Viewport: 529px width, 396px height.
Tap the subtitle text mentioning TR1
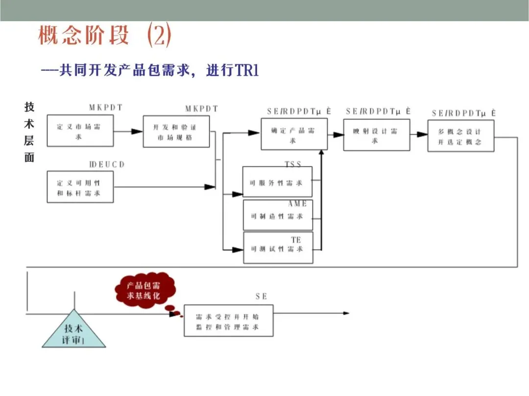(x=149, y=71)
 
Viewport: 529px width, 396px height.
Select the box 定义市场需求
(x=80, y=131)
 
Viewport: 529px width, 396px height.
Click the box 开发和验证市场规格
(x=176, y=131)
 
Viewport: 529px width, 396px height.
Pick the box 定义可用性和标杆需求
(x=80, y=187)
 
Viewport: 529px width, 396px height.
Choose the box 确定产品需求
(x=293, y=134)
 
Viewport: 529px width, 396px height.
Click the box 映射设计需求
(x=376, y=135)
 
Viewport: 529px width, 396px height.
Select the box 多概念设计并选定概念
(x=460, y=136)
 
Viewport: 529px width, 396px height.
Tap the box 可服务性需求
(x=277, y=183)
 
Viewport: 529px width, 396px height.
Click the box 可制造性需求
(x=277, y=216)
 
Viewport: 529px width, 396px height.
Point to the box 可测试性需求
(x=277, y=248)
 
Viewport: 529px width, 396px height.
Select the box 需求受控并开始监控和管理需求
(x=228, y=321)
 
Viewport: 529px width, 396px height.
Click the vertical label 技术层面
(x=29, y=132)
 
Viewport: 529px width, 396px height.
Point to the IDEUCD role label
(x=107, y=165)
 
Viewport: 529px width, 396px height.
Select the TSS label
(x=293, y=164)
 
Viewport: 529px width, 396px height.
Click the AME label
(x=297, y=203)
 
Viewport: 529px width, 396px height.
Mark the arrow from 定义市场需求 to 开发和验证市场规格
(x=128, y=131)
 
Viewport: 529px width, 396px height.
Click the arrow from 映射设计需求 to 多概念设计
(x=419, y=134)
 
